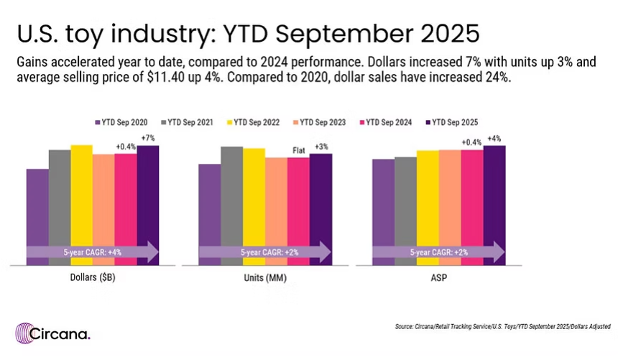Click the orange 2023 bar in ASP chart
(x=450, y=208)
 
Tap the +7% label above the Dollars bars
(x=148, y=138)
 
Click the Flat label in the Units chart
(x=299, y=150)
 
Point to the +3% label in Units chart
(x=321, y=147)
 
